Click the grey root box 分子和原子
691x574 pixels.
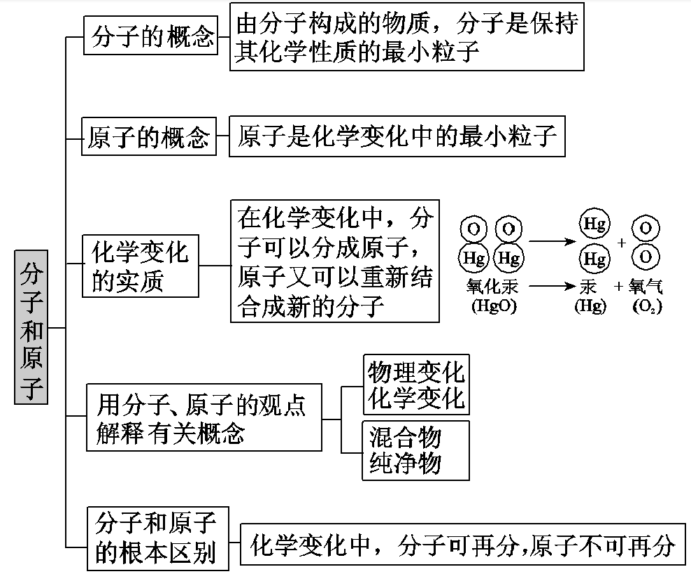(x=31, y=327)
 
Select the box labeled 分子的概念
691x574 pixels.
(x=150, y=36)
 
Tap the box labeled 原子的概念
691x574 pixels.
(x=149, y=137)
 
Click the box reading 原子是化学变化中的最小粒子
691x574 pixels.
(x=397, y=137)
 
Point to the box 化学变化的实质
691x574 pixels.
(x=140, y=266)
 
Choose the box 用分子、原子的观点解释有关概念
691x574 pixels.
(x=204, y=417)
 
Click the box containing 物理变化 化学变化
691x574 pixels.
(x=416, y=385)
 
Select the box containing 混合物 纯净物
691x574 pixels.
(x=415, y=450)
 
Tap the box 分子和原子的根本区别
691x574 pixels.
(x=157, y=537)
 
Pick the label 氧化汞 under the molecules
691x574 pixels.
(x=492, y=287)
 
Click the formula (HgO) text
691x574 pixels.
(x=493, y=306)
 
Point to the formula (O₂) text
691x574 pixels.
(x=647, y=306)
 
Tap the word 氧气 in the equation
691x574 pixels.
(x=646, y=287)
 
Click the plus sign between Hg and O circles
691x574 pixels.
(x=622, y=242)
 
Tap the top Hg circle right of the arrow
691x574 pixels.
(x=594, y=224)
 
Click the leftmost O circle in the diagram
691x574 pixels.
(x=473, y=229)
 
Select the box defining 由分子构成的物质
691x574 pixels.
(x=406, y=36)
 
